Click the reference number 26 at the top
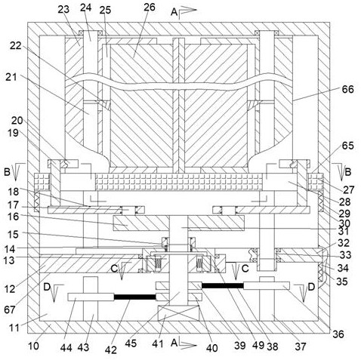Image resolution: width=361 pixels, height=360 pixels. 150,7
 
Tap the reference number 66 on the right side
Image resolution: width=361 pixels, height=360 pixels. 347,89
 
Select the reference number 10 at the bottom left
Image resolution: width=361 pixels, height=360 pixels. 33,346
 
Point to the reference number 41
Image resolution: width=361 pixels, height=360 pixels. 158,343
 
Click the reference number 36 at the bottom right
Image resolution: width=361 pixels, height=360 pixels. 338,334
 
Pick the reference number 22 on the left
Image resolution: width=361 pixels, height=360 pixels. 16,45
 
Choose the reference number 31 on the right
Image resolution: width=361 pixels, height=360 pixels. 343,231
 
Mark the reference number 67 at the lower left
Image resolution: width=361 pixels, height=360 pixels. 10,309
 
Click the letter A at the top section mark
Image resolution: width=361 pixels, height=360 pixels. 174,11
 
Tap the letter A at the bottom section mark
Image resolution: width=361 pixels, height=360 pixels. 174,343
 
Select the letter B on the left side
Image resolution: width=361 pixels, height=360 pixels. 7,172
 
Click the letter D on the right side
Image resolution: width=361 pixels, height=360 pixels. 311,287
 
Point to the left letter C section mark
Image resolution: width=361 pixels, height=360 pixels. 114,269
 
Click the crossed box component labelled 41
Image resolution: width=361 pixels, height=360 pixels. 178,313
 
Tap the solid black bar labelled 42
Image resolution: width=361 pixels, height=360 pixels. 135,297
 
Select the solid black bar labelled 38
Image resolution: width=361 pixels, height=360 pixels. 223,285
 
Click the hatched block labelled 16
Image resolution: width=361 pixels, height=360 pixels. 141,223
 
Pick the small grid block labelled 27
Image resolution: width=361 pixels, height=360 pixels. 316,181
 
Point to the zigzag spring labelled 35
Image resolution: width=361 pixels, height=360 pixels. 321,272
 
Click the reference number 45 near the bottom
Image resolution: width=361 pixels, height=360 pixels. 131,343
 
